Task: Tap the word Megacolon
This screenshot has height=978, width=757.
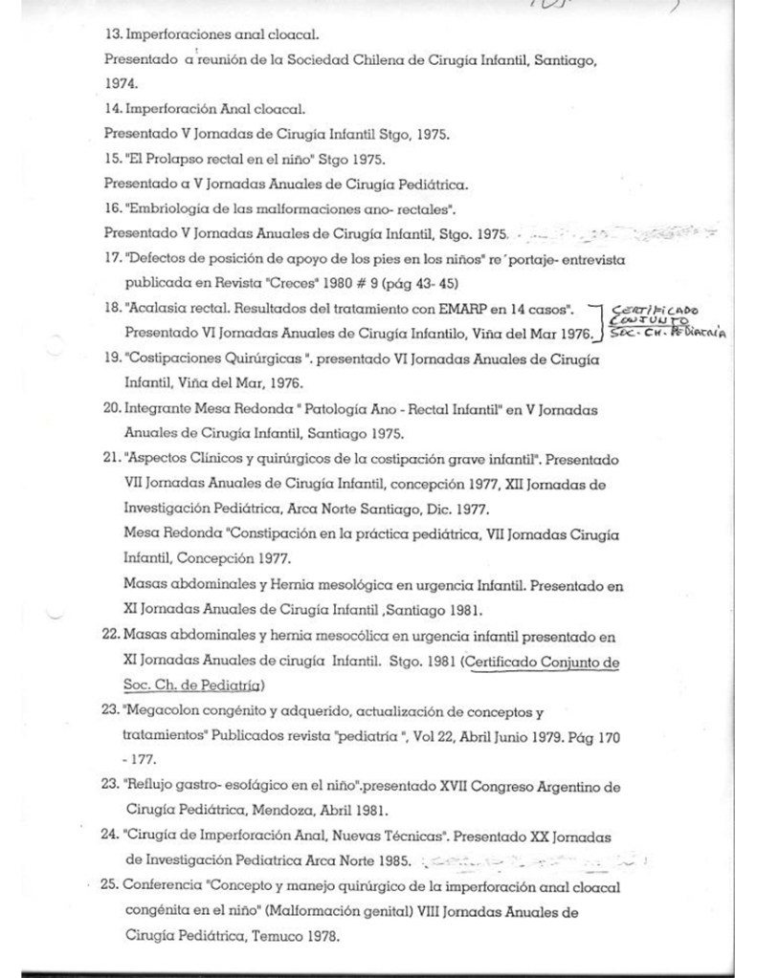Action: coord(165,711)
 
